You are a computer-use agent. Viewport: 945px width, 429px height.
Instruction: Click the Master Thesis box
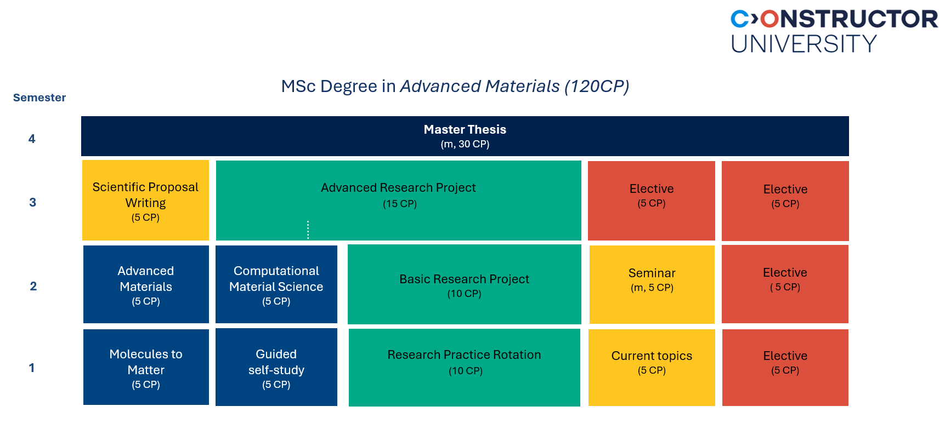(x=465, y=136)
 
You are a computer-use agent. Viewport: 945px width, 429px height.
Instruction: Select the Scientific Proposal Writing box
(x=145, y=201)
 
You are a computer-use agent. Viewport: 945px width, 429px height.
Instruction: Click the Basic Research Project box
(x=464, y=284)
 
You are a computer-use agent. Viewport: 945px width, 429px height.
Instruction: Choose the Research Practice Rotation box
(x=464, y=367)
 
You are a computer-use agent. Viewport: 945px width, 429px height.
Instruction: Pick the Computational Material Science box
(x=276, y=284)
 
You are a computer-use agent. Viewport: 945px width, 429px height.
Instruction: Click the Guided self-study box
(x=276, y=367)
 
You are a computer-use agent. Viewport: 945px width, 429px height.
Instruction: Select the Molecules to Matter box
(x=146, y=367)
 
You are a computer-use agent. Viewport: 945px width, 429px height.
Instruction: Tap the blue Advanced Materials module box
(x=146, y=284)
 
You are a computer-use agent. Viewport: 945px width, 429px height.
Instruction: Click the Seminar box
(x=652, y=284)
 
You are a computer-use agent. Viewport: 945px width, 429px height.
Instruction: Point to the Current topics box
(x=652, y=367)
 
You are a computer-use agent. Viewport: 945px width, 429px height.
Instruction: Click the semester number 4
(x=32, y=139)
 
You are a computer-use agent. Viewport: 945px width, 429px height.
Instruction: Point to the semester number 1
(x=32, y=368)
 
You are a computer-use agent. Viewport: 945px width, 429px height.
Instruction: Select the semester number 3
(x=32, y=203)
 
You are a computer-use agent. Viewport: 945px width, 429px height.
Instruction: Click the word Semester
(x=39, y=98)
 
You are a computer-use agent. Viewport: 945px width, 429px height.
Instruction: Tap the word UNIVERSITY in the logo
(x=803, y=44)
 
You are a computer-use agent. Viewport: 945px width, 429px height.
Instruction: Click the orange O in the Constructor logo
(x=769, y=19)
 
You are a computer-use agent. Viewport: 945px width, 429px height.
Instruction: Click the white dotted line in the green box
(x=308, y=230)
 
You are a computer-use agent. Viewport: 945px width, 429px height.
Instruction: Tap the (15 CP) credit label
(x=400, y=204)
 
